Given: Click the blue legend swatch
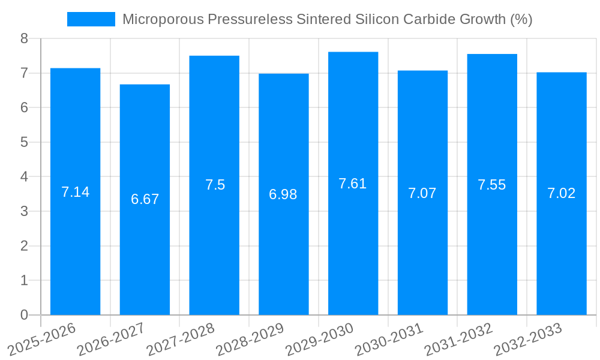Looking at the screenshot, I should pyautogui.click(x=91, y=19).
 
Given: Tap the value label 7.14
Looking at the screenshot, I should pyautogui.click(x=75, y=192).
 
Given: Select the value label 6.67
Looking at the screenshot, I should pyautogui.click(x=145, y=199).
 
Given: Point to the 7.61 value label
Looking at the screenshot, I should pyautogui.click(x=353, y=184).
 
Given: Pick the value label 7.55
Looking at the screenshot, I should pyautogui.click(x=492, y=185).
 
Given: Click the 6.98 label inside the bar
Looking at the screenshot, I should pyautogui.click(x=283, y=194).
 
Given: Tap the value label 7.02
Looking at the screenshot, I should pyautogui.click(x=561, y=193).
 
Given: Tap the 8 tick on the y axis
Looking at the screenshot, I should pyautogui.click(x=24, y=38).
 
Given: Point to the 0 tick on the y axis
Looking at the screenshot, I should pyautogui.click(x=24, y=315).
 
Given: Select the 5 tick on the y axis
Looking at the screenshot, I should pyautogui.click(x=24, y=142).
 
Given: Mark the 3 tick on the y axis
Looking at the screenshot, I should pyautogui.click(x=24, y=211).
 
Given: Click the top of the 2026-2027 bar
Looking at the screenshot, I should pyautogui.click(x=145, y=85).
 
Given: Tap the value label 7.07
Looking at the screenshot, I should pyautogui.click(x=422, y=193).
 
